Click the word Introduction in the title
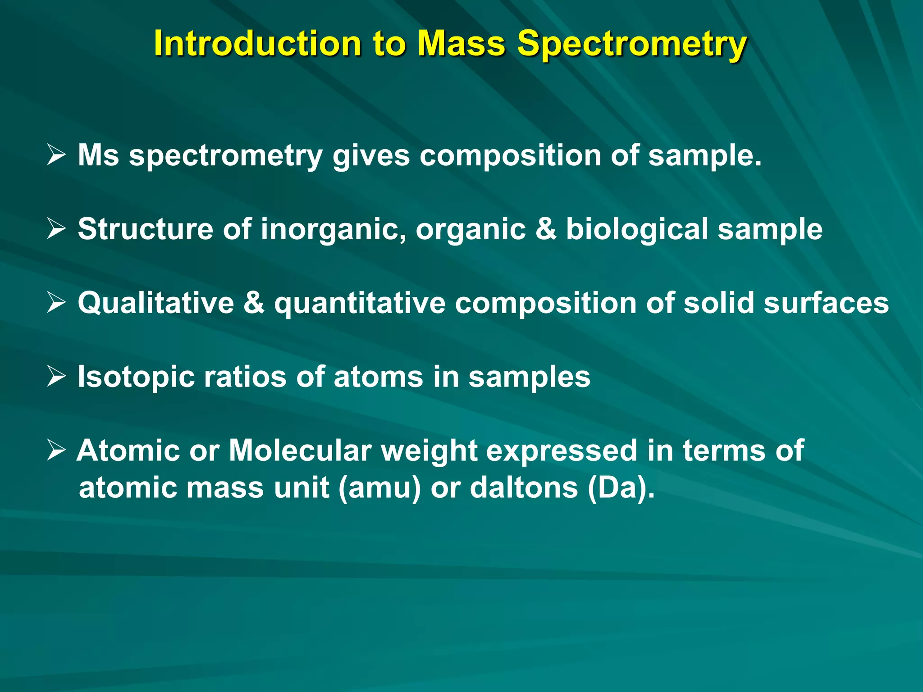pos(257,44)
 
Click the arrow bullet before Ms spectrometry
pos(56,155)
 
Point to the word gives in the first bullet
pos(371,156)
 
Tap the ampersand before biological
pos(546,229)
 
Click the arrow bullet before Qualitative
pos(56,303)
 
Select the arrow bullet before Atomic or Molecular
pos(56,450)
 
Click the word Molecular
pos(300,451)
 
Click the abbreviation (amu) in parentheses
pos(379,488)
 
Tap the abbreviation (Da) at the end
pos(620,488)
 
